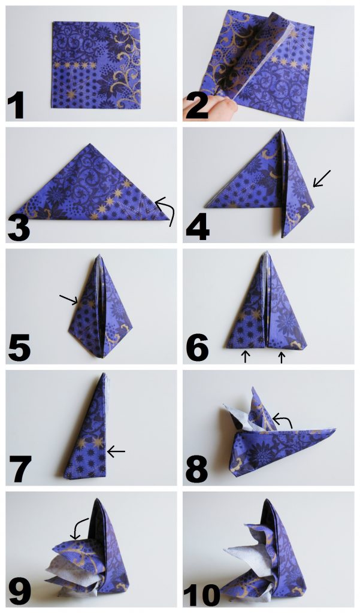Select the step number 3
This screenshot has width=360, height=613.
pos(19,229)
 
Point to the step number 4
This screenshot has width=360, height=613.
pos(198,228)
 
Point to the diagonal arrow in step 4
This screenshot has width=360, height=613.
pos(322,178)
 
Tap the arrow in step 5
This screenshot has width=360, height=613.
pos(68,299)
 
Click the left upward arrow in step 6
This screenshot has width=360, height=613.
pos(246,357)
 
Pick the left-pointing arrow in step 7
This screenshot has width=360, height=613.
pos(116,452)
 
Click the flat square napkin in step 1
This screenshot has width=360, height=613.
pos(96,65)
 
